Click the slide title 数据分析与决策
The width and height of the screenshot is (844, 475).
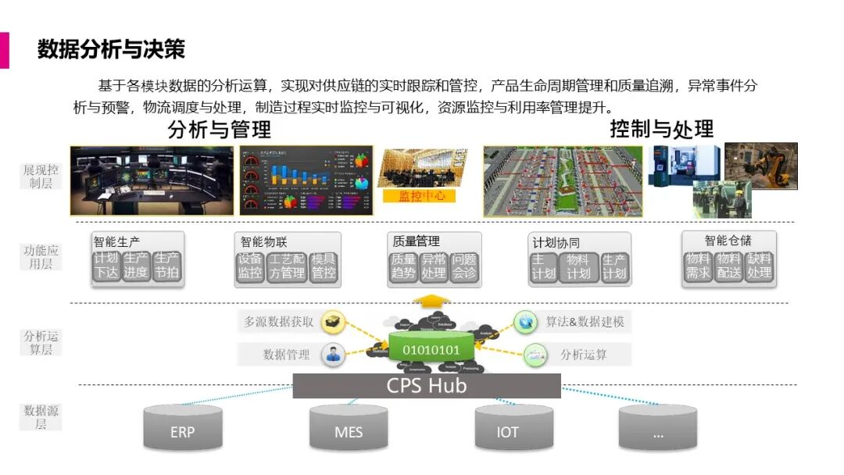coord(111,49)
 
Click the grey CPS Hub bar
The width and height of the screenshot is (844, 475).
coord(427,385)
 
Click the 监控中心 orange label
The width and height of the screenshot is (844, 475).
coord(421,196)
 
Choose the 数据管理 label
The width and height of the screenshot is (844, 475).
coord(287,355)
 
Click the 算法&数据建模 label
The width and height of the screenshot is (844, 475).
coord(584,321)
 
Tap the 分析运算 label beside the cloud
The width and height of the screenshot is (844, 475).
coord(583,355)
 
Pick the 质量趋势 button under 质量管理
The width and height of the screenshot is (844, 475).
coord(403,267)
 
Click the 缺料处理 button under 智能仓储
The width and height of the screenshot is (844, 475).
coord(760,266)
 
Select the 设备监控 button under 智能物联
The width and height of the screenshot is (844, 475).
coord(251,267)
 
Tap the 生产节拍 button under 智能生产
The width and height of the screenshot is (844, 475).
coord(166,266)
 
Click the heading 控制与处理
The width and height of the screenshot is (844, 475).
coord(661,129)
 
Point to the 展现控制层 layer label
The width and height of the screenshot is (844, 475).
coord(41,176)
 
